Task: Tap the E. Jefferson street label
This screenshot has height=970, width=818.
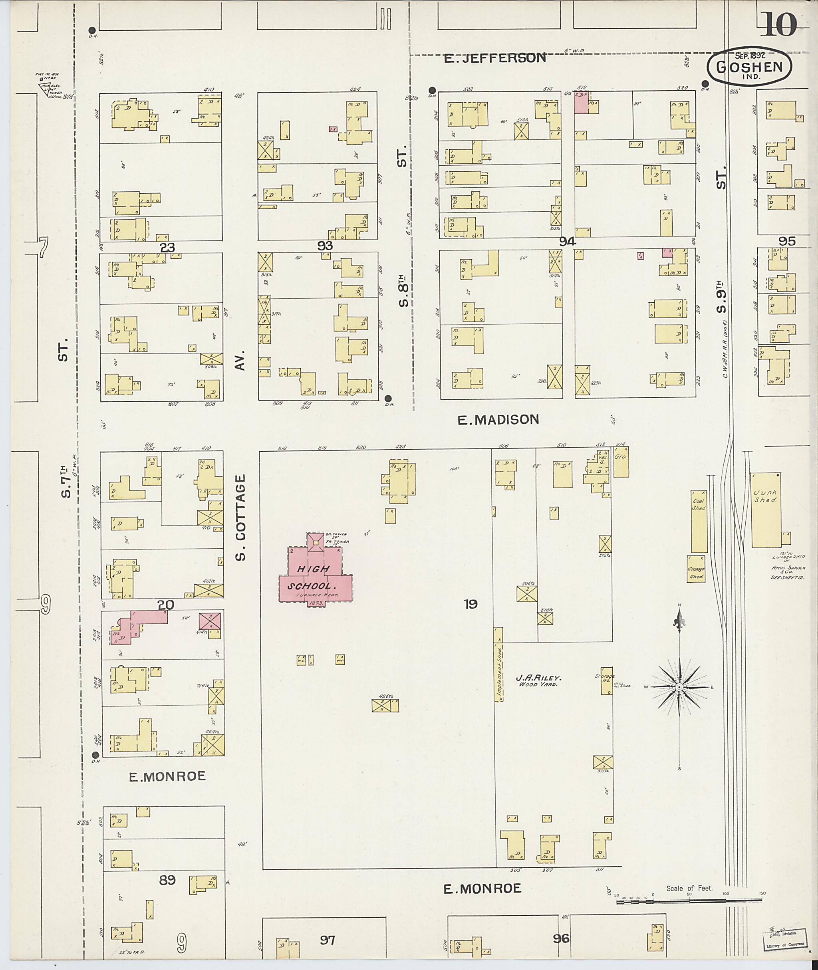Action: [x=494, y=58]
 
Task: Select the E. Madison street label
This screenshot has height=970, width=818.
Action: [x=498, y=420]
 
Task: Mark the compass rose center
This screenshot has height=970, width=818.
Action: [x=679, y=687]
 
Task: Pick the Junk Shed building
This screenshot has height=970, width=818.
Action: [x=766, y=510]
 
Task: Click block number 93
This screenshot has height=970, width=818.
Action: [x=325, y=246]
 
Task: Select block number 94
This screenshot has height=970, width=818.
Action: [x=567, y=242]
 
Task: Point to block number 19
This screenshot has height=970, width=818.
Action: [x=470, y=604]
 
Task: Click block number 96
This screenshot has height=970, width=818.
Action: [x=561, y=938]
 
